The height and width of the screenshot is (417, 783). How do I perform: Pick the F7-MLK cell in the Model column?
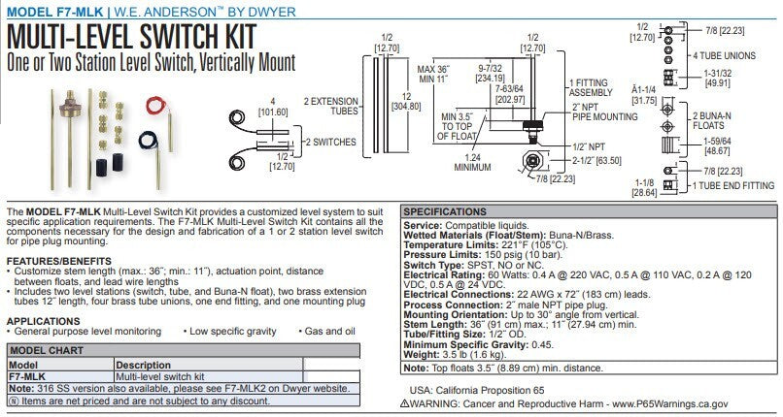(25, 374)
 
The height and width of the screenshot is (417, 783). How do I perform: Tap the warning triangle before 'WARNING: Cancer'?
(415, 402)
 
